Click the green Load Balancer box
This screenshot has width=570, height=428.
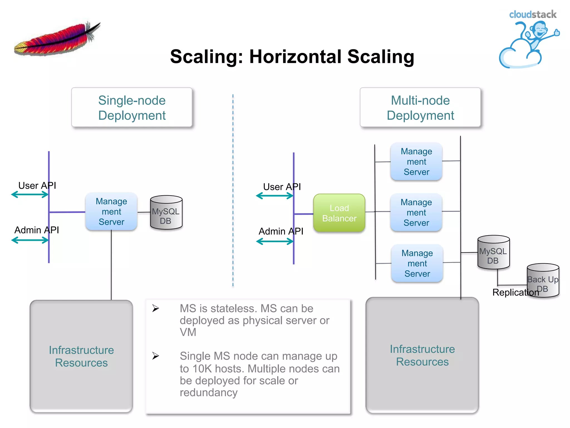[x=339, y=213]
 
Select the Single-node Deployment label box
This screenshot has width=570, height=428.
[x=132, y=108]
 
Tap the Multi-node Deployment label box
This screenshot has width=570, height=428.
[x=420, y=108]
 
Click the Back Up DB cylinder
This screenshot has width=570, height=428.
[x=543, y=281]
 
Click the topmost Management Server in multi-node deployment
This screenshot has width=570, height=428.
[x=416, y=162]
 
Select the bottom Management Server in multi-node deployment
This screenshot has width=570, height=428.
[x=417, y=263]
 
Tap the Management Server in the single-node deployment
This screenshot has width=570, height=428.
[x=111, y=211]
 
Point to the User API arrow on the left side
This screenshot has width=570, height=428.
[x=30, y=195]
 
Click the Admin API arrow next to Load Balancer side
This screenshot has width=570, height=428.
[x=275, y=242]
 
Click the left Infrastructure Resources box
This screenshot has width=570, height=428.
[x=81, y=356]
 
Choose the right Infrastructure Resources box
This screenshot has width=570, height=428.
[x=422, y=355]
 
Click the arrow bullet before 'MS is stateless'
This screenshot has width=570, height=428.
[x=156, y=308]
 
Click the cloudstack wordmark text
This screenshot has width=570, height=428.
[x=532, y=14]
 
